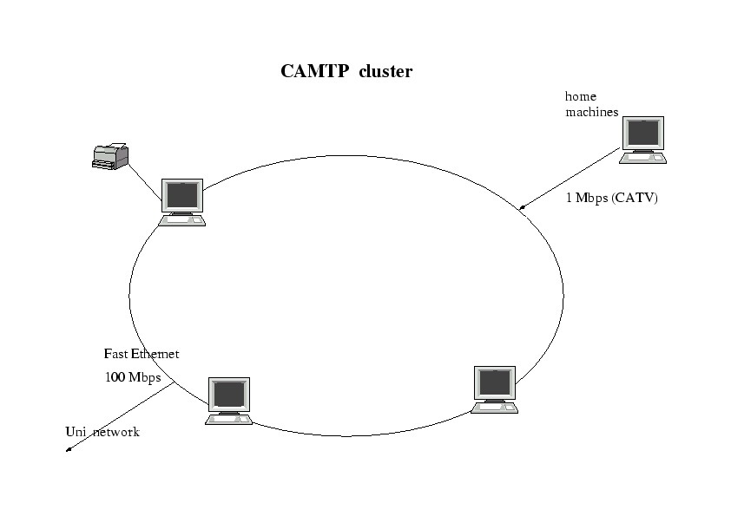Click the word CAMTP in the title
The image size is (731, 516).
click(315, 72)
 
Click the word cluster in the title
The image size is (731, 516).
click(385, 72)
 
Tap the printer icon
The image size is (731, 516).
click(110, 157)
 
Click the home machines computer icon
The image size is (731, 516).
click(643, 140)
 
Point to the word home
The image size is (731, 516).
click(581, 96)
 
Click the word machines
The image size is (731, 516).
click(592, 112)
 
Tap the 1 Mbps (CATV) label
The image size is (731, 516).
click(612, 198)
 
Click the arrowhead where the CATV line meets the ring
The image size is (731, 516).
click(522, 207)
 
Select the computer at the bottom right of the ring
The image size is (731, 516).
click(495, 389)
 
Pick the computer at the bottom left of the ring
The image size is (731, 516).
click(229, 400)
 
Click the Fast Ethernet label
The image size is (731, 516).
click(142, 354)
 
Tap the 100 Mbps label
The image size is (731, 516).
click(133, 377)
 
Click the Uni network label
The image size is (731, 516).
click(102, 432)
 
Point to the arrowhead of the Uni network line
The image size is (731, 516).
click(69, 449)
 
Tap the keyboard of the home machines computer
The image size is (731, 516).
click(643, 158)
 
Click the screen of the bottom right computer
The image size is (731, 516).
click(494, 382)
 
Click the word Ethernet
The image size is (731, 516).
click(155, 354)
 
